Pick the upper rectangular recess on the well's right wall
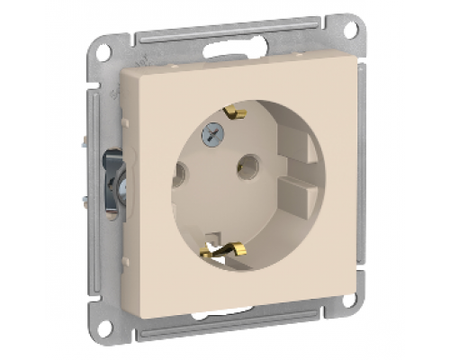[296, 143]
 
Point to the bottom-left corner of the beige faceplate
[151, 317]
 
